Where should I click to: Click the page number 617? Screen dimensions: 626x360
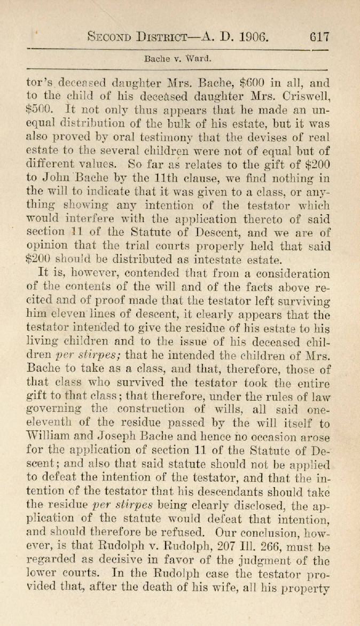(319, 37)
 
